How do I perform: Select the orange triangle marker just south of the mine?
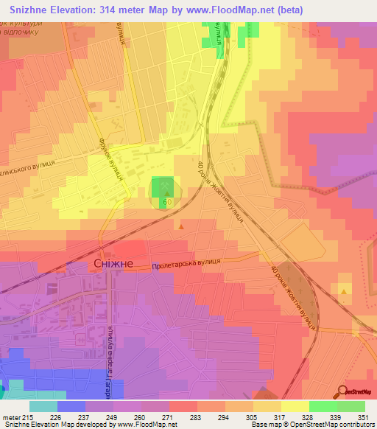pyautogui.click(x=181, y=226)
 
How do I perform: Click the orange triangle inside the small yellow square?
pyautogui.click(x=345, y=292)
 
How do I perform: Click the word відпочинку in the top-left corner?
pyautogui.click(x=23, y=34)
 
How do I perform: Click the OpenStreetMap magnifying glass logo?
pyautogui.click(x=343, y=391)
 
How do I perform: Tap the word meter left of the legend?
pyautogui.click(x=13, y=418)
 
